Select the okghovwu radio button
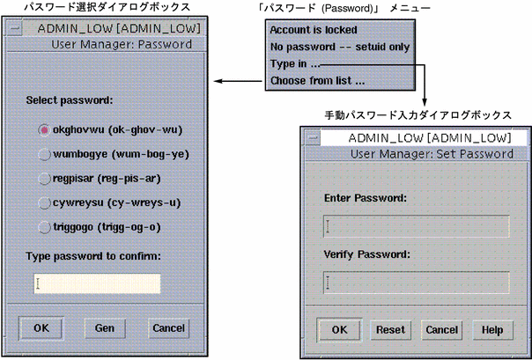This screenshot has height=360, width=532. pos(45,130)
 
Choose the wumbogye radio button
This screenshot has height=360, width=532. pos(45,154)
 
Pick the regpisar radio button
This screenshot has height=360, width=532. pos(45,179)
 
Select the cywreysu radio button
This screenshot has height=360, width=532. pos(45,202)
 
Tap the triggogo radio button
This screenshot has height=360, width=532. pos(45,226)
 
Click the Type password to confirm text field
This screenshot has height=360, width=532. pos(98,283)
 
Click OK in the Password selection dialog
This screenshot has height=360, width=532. pos(41,327)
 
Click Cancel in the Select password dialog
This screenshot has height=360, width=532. pos(168,327)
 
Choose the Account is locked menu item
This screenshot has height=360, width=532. pos(308,30)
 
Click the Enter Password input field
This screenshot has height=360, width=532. pos(416,227)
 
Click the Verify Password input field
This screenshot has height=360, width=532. pos(416,283)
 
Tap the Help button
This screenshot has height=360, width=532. pos(491,330)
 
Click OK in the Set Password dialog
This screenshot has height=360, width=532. pos(338,330)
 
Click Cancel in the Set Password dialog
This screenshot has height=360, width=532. pos(441,330)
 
